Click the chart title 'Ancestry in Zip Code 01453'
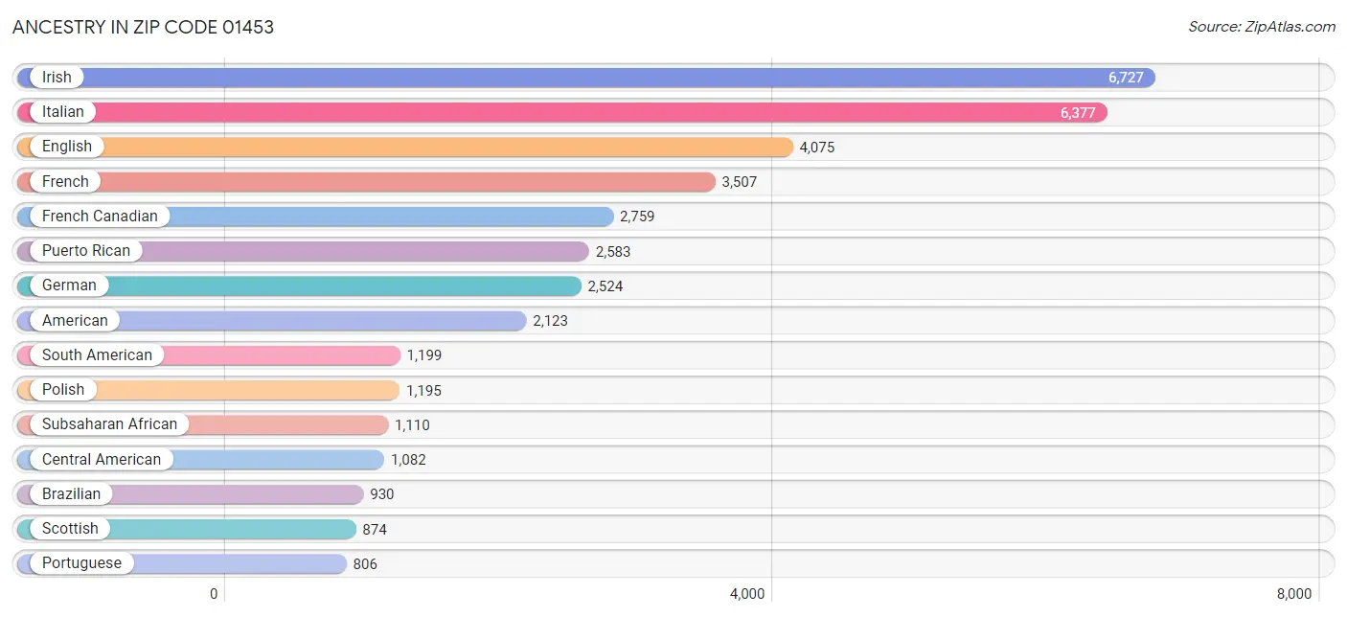[x=143, y=27]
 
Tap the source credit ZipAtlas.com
[x=1261, y=27]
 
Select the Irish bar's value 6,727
[x=1126, y=78]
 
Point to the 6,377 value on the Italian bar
[x=1078, y=112]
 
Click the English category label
[x=67, y=147]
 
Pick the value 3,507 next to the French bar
[x=739, y=182]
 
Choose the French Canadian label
[x=100, y=216]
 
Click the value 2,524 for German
[x=605, y=286]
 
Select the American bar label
[x=75, y=321]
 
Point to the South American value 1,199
[x=424, y=355]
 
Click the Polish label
[x=63, y=390]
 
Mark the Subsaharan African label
[x=109, y=424]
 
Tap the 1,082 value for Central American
[x=408, y=460]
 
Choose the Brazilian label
[x=72, y=493]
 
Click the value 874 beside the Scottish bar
[x=375, y=529]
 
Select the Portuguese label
[x=81, y=563]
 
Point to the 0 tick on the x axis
[x=214, y=594]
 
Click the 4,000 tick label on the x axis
[x=747, y=594]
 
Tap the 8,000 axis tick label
[x=1294, y=594]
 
